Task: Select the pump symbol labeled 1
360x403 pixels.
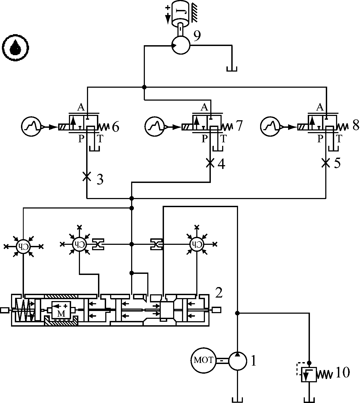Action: (237, 360)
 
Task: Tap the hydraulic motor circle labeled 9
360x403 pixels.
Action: (181, 45)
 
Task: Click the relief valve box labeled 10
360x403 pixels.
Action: (309, 374)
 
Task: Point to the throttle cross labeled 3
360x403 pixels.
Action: (86, 176)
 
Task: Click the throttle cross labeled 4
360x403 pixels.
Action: (210, 162)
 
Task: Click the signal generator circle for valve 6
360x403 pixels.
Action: (31, 127)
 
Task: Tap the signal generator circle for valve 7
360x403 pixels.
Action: (155, 127)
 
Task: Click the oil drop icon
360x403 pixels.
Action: (15, 48)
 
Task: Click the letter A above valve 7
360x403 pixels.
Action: (204, 107)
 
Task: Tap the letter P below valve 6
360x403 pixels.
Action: (81, 139)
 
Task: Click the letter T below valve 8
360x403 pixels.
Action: (339, 139)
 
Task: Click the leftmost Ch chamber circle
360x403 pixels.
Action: (23, 246)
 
